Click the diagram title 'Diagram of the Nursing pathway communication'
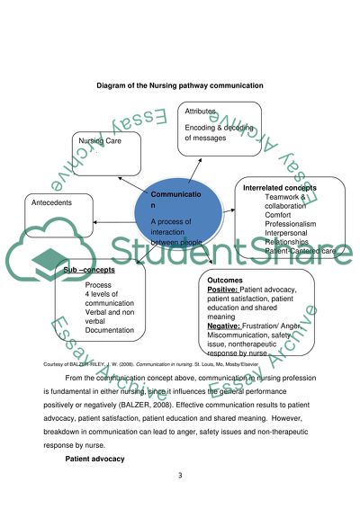point(180,85)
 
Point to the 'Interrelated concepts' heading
point(280,188)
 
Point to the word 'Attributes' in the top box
point(202,111)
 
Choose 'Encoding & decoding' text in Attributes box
point(220,128)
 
